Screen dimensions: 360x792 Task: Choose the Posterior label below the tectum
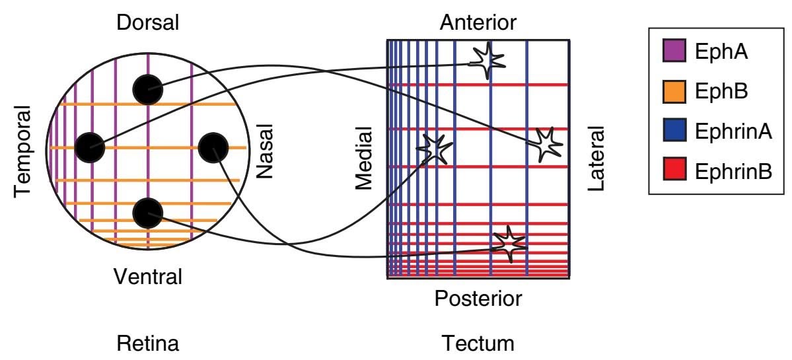[x=478, y=299]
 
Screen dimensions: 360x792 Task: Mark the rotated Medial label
[x=365, y=159]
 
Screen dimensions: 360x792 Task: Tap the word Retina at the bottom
[x=147, y=343]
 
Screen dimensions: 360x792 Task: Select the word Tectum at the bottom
[x=478, y=343]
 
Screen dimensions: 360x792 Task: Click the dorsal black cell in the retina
[x=148, y=89]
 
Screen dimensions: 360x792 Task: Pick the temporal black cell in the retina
[x=90, y=147]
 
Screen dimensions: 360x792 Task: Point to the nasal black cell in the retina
[x=213, y=147]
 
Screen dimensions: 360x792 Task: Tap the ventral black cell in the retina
[x=147, y=213]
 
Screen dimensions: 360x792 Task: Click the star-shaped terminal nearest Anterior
[x=487, y=60]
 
